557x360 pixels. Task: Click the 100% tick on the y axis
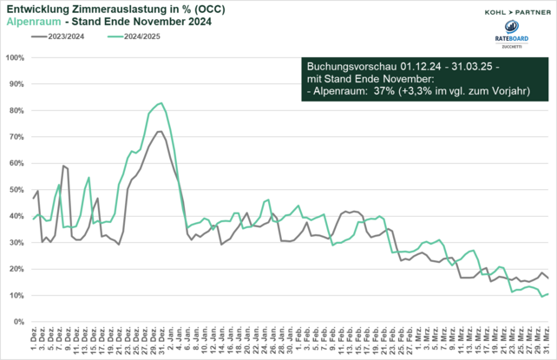pos(14,58)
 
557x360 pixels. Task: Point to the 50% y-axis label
pos(16,190)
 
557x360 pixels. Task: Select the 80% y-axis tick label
pos(16,111)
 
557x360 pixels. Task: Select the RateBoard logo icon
pos(509,33)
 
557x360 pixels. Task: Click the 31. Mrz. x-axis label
pos(547,339)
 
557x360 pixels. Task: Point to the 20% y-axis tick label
pos(16,269)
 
